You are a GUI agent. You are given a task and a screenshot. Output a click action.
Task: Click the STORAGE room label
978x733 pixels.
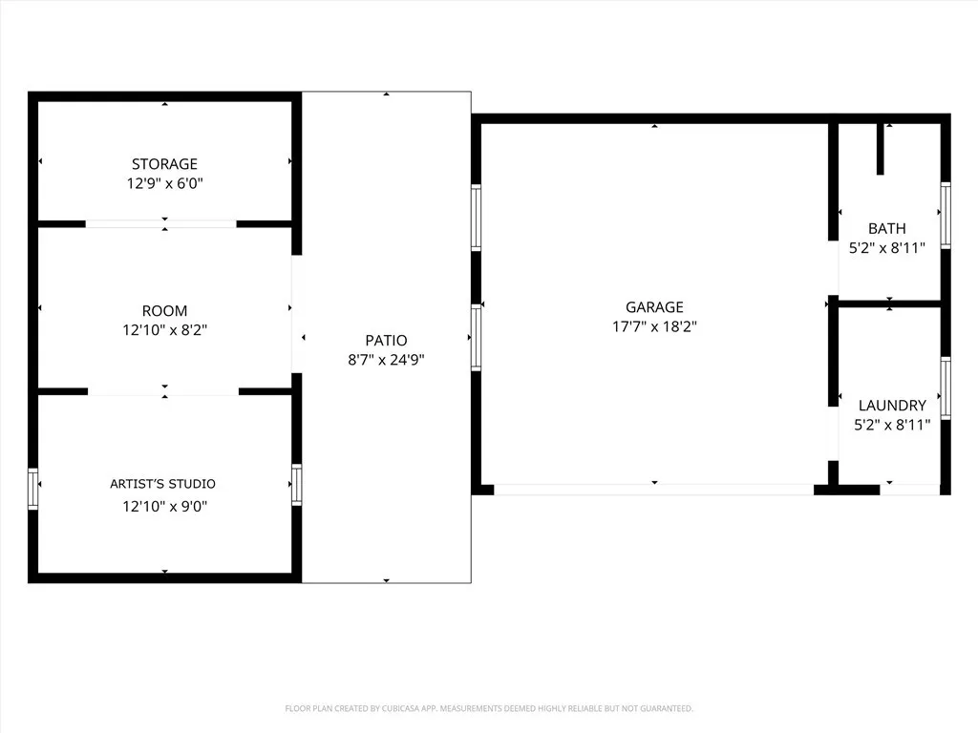(164, 164)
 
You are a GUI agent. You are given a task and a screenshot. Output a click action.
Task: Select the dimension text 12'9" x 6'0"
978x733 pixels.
(164, 183)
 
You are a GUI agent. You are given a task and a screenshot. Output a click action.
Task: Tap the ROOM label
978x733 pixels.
(164, 311)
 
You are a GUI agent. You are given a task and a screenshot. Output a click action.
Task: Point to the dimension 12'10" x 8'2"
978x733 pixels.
(164, 330)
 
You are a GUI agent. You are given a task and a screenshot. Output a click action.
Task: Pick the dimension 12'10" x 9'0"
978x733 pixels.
(164, 507)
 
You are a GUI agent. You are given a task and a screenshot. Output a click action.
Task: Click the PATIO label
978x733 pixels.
(386, 341)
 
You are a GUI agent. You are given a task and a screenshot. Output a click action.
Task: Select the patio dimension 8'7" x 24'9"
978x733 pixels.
(386, 360)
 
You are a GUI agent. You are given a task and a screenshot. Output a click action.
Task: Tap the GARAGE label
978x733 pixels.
(654, 307)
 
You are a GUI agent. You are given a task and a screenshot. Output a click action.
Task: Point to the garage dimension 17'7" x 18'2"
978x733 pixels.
(654, 326)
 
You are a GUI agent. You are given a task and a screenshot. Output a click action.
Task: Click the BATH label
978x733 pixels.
(887, 229)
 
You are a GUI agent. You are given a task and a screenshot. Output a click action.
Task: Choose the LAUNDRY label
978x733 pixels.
(891, 406)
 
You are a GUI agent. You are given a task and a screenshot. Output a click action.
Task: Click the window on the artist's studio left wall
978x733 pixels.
(33, 489)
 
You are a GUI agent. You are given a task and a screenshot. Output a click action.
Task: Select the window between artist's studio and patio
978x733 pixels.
(296, 484)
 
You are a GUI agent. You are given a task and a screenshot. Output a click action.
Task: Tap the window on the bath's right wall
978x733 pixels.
(946, 215)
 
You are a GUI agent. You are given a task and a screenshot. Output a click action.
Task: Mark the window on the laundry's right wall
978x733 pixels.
(946, 387)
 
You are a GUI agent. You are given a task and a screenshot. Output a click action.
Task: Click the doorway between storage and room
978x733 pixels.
(160, 224)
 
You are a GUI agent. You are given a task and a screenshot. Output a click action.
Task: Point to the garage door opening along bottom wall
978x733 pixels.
(653, 490)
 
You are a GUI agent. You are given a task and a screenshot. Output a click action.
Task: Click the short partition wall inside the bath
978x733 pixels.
(880, 149)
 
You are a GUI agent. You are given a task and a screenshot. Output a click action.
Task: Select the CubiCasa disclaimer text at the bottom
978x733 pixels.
(489, 708)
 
